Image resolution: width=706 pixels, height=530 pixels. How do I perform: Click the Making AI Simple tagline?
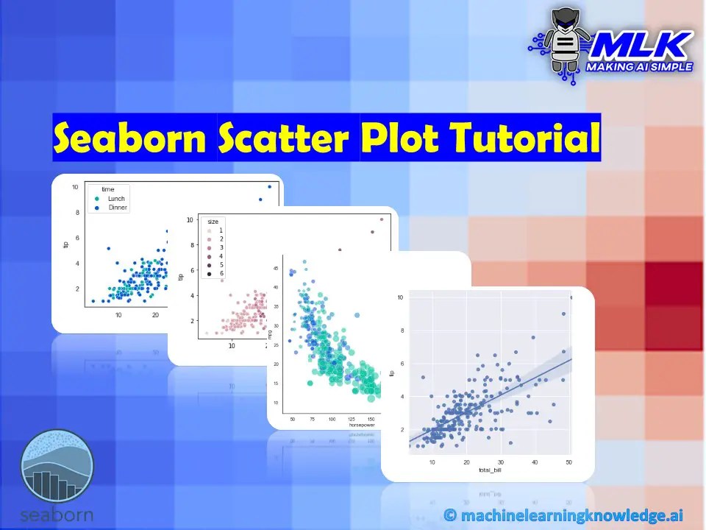[x=638, y=67]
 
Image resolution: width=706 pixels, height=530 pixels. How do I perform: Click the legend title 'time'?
[x=108, y=190]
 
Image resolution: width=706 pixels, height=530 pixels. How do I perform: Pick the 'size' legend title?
[x=212, y=222]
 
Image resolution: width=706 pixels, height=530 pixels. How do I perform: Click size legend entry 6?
[x=221, y=274]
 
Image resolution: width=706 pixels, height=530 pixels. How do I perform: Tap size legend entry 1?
[x=221, y=231]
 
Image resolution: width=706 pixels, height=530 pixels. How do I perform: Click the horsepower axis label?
[x=360, y=425]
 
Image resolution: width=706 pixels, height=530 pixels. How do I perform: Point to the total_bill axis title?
[x=489, y=469]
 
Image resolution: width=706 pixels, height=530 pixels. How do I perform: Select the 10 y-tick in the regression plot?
[x=400, y=297]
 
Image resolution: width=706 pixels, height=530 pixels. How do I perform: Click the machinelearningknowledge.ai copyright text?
[x=564, y=515]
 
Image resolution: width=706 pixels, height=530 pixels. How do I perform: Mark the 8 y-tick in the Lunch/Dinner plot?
[x=75, y=213]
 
